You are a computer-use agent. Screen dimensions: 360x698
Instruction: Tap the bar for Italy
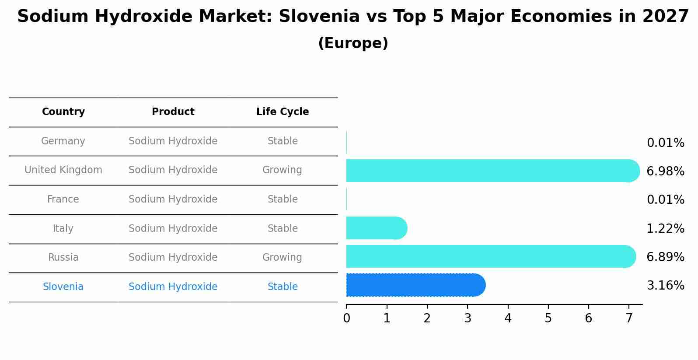(376, 228)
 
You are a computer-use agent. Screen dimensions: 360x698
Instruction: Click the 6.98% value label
(665, 171)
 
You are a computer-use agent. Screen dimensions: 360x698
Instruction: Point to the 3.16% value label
(665, 286)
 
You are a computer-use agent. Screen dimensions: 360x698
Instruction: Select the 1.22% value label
(665, 229)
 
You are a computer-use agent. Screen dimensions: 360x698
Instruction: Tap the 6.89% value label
(665, 257)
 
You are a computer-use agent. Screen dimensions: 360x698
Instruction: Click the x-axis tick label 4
(508, 318)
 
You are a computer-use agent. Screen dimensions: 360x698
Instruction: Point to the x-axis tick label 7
(629, 318)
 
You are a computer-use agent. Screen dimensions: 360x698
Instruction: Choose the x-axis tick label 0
(346, 318)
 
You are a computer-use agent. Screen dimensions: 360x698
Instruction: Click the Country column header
(63, 112)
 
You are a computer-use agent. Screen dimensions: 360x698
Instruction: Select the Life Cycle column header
(283, 112)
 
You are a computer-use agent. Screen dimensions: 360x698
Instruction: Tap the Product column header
(173, 112)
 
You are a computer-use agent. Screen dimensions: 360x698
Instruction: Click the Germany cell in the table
(63, 141)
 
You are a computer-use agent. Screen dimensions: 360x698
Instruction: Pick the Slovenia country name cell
(63, 287)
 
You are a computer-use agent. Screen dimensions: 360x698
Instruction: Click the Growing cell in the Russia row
(282, 258)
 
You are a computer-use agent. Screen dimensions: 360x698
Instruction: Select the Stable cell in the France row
(283, 199)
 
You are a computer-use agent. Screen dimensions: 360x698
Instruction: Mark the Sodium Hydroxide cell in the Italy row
(173, 229)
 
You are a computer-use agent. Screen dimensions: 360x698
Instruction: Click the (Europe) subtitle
(353, 43)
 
